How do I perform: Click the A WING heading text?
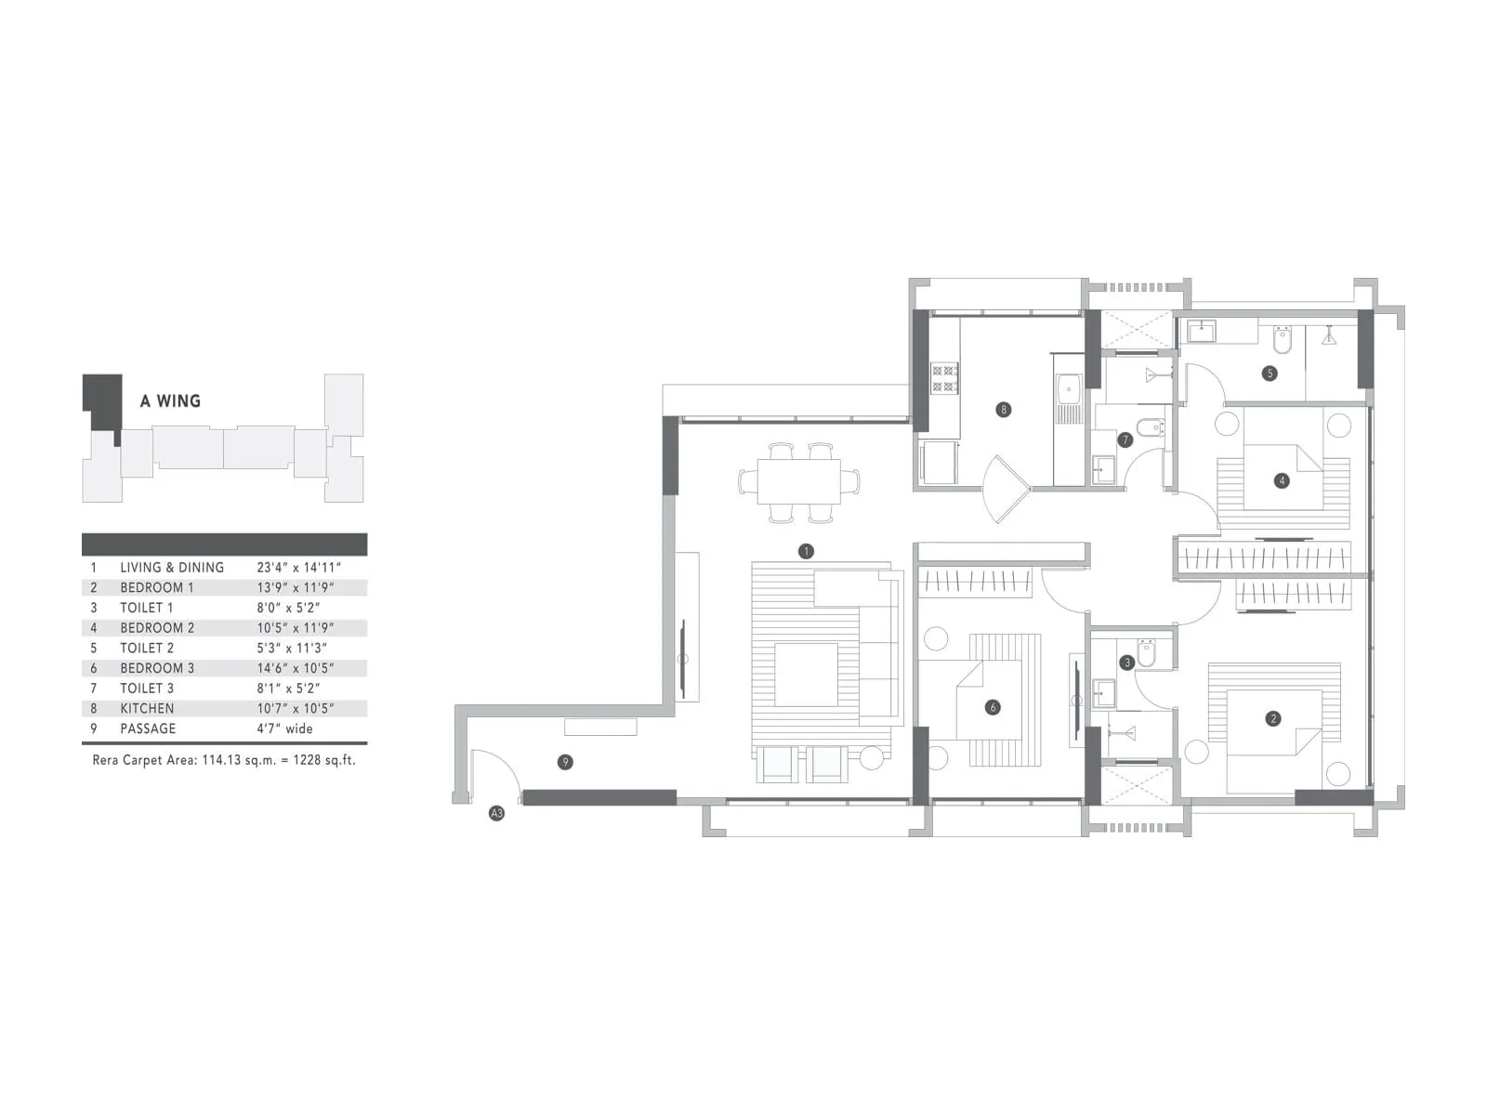[170, 401]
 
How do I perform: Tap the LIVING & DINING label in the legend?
[172, 567]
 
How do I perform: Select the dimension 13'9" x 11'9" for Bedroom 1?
[295, 587]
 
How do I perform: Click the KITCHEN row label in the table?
[147, 708]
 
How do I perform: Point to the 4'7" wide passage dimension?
[284, 728]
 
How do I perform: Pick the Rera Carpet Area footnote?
[224, 760]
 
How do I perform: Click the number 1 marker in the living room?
[806, 551]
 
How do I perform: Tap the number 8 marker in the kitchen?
[1003, 410]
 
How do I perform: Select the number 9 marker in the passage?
[565, 762]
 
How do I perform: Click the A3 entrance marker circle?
[496, 814]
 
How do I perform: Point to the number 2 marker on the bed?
[1273, 718]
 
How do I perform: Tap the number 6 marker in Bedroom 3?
[993, 707]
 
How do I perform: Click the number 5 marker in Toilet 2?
[1270, 374]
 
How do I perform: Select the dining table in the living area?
[798, 481]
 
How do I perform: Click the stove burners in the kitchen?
[944, 378]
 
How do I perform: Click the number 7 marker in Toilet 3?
[1125, 439]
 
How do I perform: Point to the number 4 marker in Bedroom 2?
[1283, 480]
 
